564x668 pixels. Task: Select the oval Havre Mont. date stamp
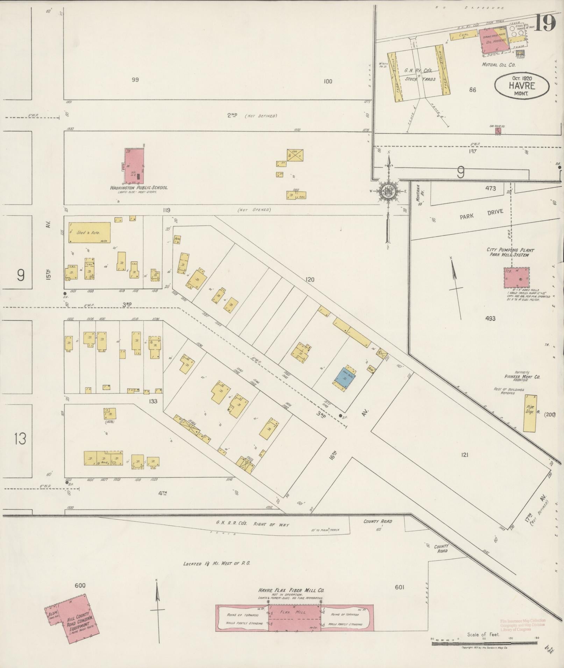pyautogui.click(x=521, y=86)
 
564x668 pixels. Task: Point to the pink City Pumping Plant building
pyautogui.click(x=516, y=278)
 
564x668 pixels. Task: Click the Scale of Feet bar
pyautogui.click(x=484, y=643)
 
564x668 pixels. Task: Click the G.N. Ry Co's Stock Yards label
pyautogui.click(x=420, y=74)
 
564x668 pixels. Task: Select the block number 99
pyautogui.click(x=135, y=80)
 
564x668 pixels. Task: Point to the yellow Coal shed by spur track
pyautogui.click(x=463, y=35)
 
